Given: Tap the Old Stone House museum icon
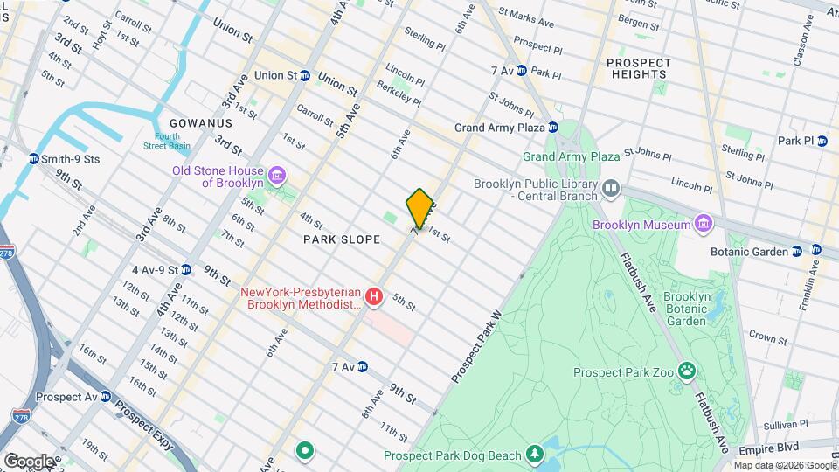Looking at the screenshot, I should click(277, 177).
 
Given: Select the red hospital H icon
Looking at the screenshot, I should click(374, 297).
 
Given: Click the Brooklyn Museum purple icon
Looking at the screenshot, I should click(703, 225).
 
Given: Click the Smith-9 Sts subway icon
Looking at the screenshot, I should click(33, 159).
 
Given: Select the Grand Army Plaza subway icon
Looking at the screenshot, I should click(553, 128).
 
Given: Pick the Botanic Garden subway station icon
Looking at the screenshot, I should click(797, 252).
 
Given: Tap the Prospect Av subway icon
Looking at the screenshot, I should click(106, 397).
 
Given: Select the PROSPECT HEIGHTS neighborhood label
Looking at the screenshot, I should click(639, 68).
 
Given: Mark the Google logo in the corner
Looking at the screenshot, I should click(29, 461).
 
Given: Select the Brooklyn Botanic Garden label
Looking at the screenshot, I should click(684, 309).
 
